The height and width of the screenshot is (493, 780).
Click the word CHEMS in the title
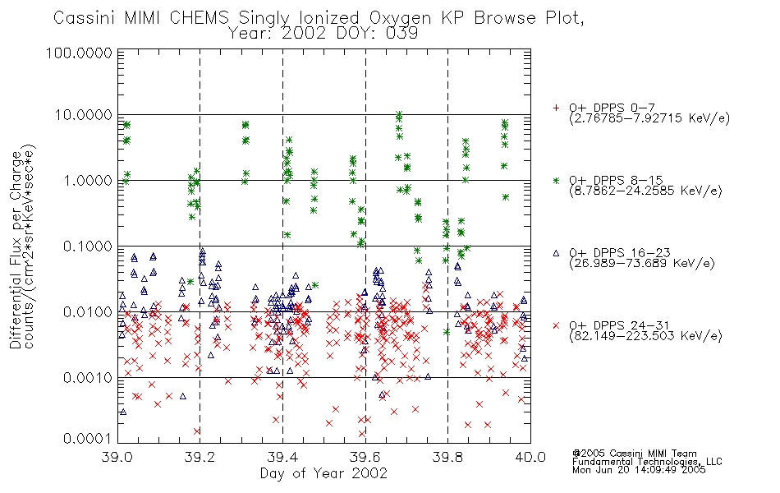click(x=199, y=18)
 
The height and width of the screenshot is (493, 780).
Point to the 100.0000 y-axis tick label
click(x=80, y=53)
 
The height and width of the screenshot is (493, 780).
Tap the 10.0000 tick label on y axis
click(x=83, y=115)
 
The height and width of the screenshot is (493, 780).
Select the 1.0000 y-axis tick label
click(x=88, y=180)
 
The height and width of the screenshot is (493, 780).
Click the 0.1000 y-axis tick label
click(x=88, y=246)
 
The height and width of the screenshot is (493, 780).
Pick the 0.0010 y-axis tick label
click(x=88, y=377)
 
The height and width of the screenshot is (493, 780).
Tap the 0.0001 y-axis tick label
click(x=88, y=439)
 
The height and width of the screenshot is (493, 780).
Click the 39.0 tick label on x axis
click(x=117, y=457)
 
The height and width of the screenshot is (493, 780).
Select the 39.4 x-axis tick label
click(x=282, y=457)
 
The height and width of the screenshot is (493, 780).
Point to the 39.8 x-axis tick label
click(x=447, y=457)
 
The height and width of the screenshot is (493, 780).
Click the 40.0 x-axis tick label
click(x=530, y=457)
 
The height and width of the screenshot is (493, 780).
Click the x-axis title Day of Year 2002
click(x=323, y=473)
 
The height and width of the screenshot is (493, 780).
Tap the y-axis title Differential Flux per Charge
click(x=16, y=250)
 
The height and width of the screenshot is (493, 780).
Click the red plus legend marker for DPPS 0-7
click(x=556, y=108)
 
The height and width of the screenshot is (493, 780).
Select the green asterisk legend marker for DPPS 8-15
click(x=556, y=180)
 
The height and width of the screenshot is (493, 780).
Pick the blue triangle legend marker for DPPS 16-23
click(x=556, y=253)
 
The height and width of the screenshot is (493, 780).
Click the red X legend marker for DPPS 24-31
click(x=556, y=325)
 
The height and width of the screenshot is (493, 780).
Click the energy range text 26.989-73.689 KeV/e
click(x=642, y=264)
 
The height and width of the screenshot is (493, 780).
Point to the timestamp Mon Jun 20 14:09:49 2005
click(x=639, y=470)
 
